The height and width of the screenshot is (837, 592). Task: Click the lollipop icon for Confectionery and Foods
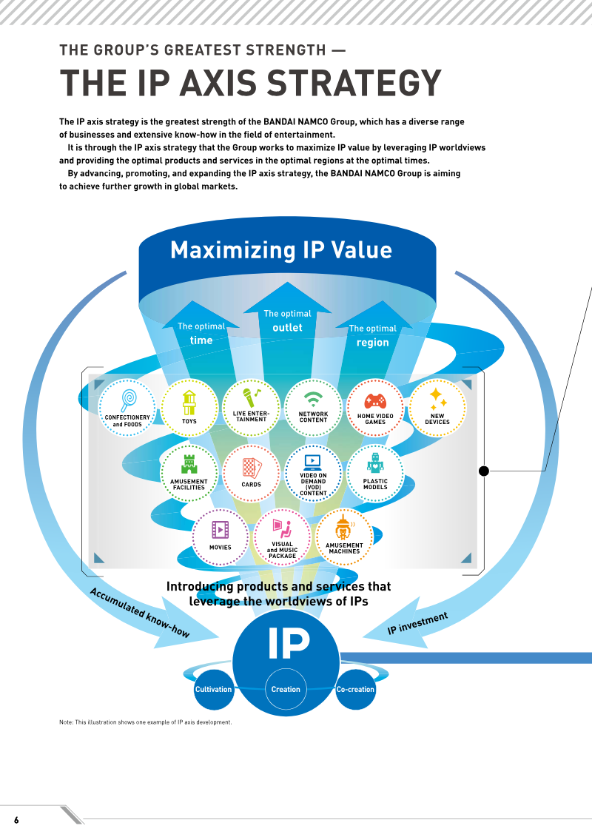(x=129, y=400)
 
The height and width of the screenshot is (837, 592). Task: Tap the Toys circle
(x=189, y=408)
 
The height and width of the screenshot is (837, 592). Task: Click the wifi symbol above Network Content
(x=313, y=400)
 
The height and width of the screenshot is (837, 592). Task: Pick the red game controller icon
(x=375, y=401)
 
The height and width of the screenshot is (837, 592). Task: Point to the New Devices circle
(x=437, y=408)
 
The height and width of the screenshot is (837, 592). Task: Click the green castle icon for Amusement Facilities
(x=189, y=465)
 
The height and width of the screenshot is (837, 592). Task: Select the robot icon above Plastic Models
(x=375, y=463)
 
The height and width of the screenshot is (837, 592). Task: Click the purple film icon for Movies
(x=220, y=530)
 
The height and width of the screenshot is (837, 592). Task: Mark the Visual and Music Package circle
(x=282, y=537)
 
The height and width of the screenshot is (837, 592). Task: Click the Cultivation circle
(x=214, y=689)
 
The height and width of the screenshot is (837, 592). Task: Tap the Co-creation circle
(x=355, y=689)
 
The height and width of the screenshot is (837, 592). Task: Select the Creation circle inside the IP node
(x=286, y=689)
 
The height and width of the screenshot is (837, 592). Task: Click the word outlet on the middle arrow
(x=287, y=328)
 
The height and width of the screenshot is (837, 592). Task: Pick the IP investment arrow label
(x=417, y=623)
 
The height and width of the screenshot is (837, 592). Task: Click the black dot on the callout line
(x=484, y=471)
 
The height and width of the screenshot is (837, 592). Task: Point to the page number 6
(x=16, y=820)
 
